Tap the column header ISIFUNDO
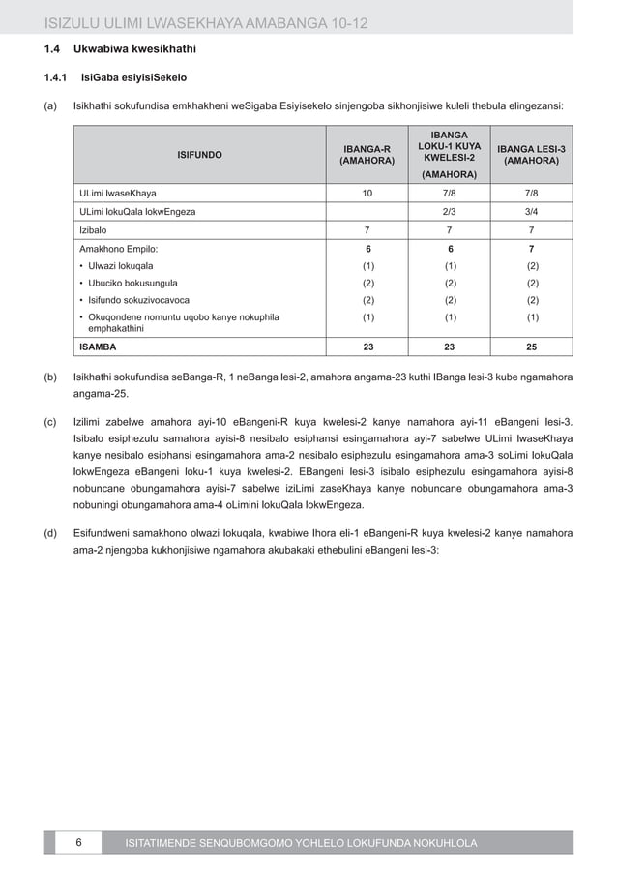coord(199,154)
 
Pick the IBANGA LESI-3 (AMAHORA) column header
coord(531,154)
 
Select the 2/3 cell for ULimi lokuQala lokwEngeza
coord(450,212)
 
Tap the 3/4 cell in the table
coord(531,212)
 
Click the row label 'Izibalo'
coord(93,230)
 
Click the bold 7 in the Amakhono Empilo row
coord(531,248)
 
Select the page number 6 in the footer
coord(78,843)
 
